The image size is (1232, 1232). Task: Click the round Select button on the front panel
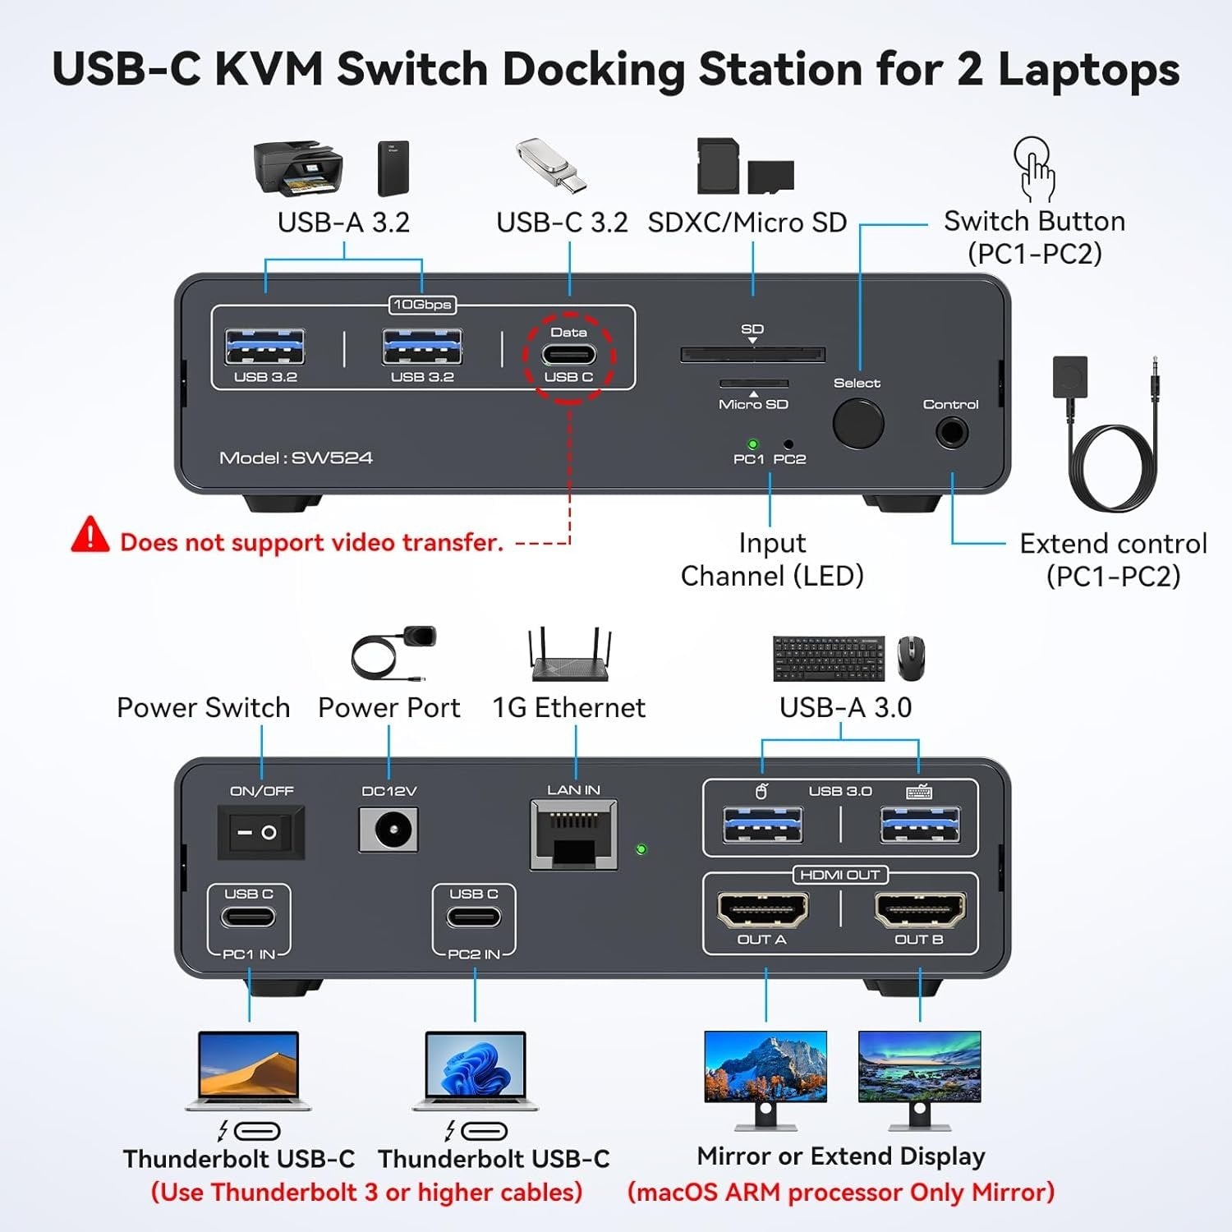(857, 424)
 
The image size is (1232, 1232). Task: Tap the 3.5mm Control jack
(951, 431)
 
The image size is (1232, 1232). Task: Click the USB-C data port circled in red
(568, 355)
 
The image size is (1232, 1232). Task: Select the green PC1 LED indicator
(752, 444)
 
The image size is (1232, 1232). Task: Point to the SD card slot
(752, 354)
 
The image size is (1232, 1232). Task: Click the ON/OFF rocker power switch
(260, 832)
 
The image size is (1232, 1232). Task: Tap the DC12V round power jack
(388, 830)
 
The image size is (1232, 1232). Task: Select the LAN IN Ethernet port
(573, 835)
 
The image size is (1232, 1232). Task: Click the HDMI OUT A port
(762, 909)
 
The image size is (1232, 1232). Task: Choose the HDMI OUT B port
(920, 909)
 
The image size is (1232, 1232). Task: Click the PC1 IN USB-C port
(248, 917)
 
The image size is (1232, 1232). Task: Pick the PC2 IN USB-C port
(474, 917)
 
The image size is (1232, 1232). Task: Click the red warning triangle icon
(90, 536)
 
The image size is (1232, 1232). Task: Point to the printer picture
(297, 168)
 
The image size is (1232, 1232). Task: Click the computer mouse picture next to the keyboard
(910, 658)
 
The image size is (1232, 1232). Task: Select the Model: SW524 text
(296, 457)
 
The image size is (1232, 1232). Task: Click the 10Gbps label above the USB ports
(422, 305)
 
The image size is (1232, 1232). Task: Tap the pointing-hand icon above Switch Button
(1034, 168)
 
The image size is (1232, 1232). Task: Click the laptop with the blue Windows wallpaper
(475, 1070)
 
